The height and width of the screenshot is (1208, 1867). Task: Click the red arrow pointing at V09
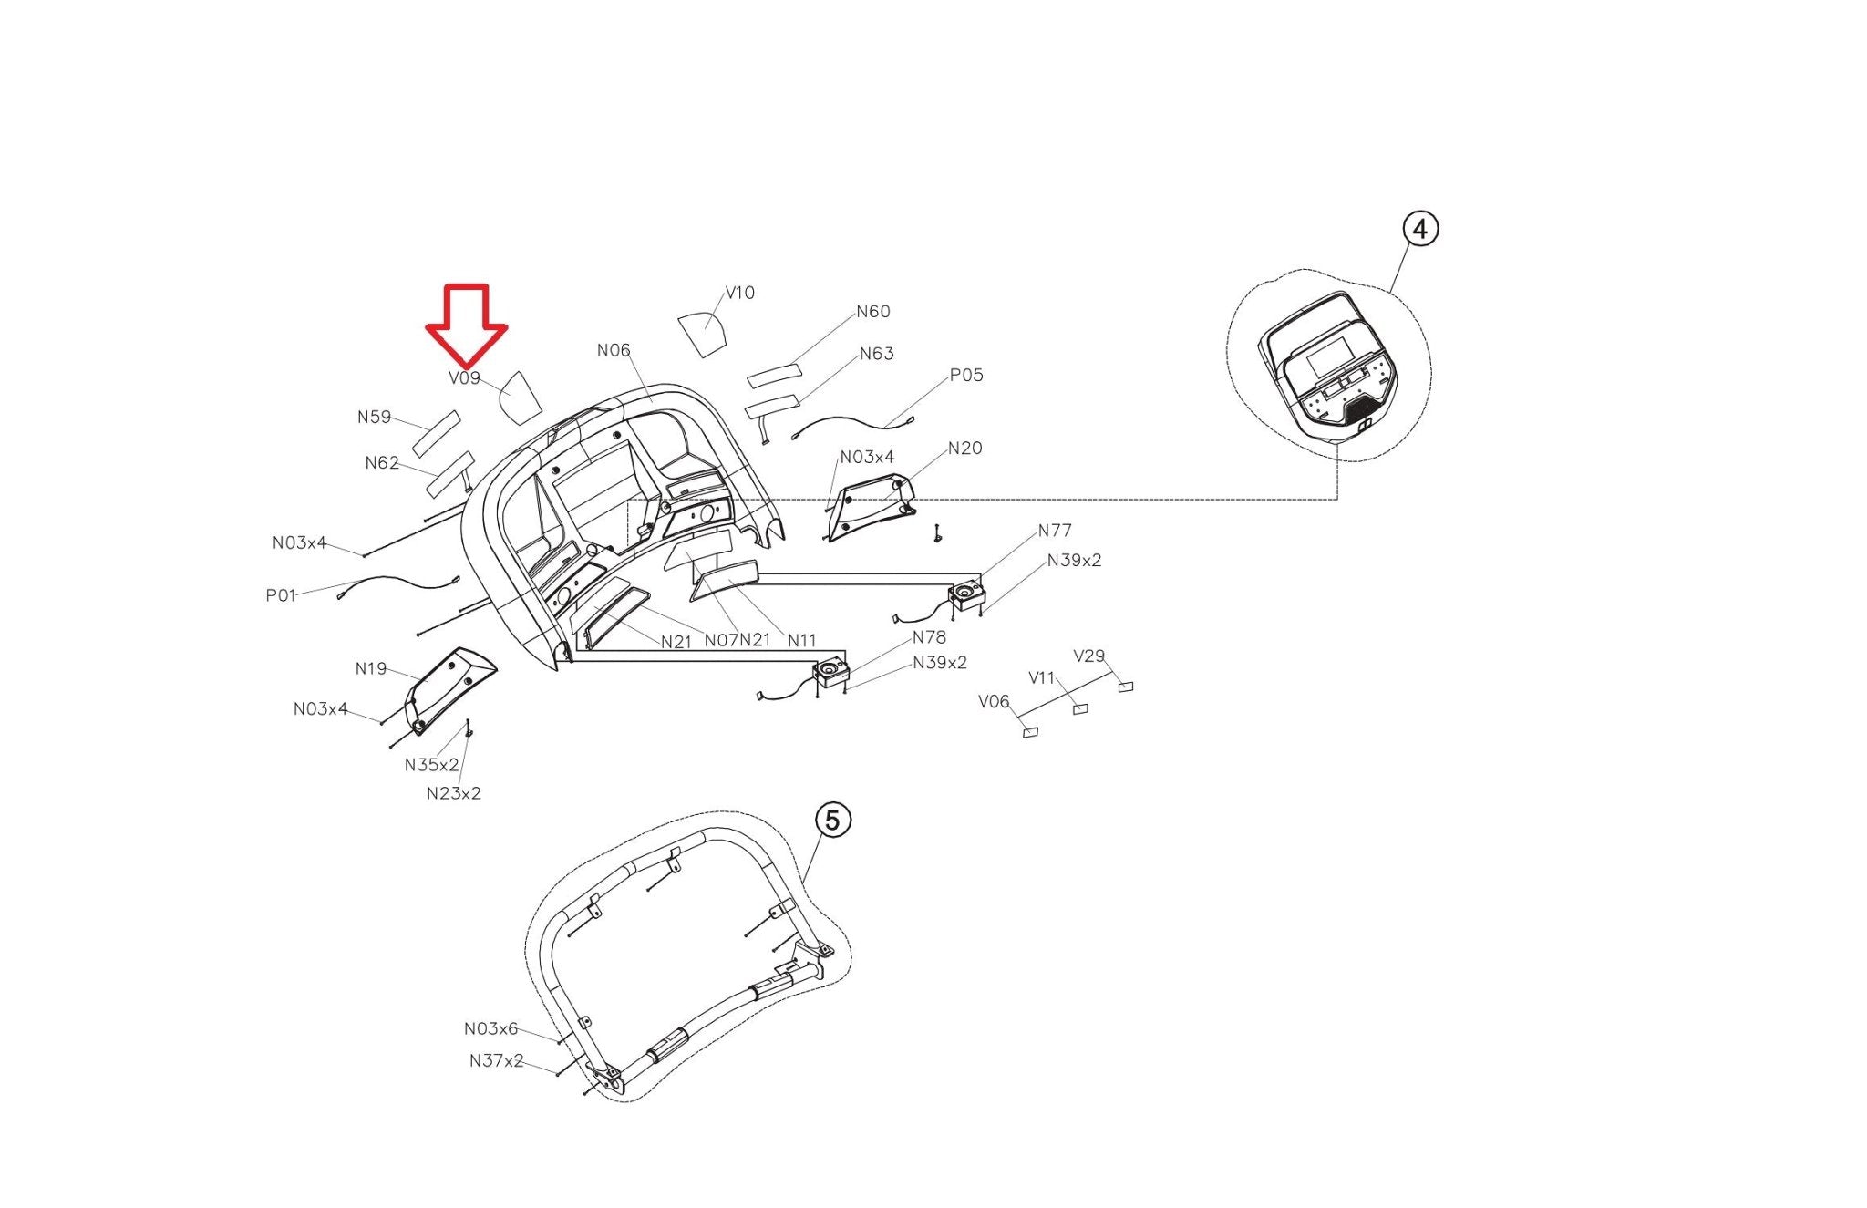coord(466,325)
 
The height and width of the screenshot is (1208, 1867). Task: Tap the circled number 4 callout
coord(1419,229)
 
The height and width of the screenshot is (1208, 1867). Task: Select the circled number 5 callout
coord(831,821)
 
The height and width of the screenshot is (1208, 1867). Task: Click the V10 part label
coord(739,293)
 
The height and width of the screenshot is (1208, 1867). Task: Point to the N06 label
coord(614,350)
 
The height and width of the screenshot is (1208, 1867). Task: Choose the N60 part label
coord(872,312)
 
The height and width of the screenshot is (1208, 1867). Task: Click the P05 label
coord(966,375)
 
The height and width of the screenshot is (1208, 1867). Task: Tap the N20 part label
coord(964,448)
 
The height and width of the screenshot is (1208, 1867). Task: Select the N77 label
coord(1055,531)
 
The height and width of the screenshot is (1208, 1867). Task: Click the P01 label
coord(281,595)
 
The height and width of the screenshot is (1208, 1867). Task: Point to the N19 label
coord(371,669)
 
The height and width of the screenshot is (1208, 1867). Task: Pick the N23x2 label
coord(453,793)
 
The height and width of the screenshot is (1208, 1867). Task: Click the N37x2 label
coord(496,1060)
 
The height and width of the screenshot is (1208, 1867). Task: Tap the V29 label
coord(1088,656)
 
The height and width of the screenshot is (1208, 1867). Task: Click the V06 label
coord(994,701)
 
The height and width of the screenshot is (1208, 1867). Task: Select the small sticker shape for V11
coord(1080,708)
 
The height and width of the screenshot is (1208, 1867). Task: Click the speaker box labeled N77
coord(967,595)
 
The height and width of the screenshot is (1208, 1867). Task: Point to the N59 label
coord(374,418)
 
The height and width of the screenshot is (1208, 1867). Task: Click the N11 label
coord(801,640)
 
